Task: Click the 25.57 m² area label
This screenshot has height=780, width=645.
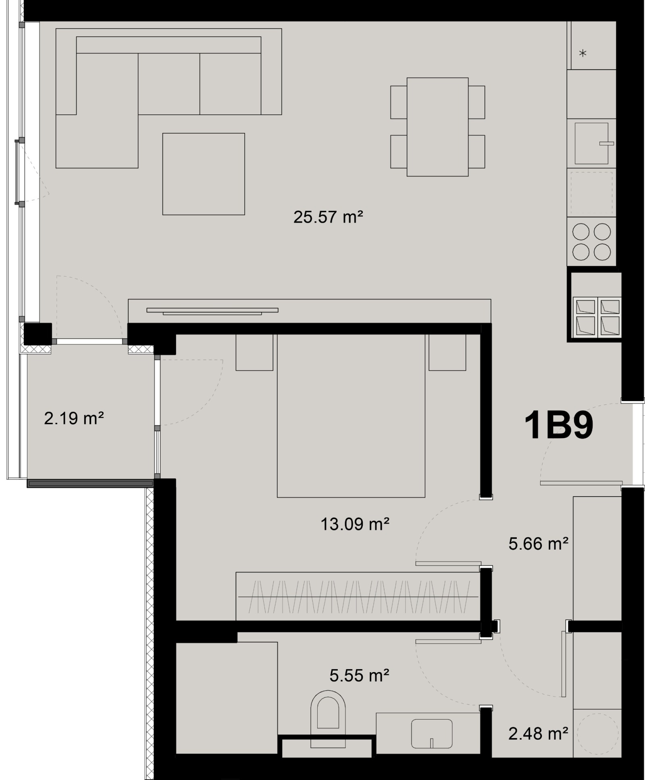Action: coord(328,217)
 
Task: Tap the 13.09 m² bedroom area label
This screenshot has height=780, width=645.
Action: coord(355,524)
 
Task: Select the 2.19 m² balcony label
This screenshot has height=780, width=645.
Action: coord(74,418)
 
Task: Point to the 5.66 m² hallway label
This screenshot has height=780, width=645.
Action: coord(538,544)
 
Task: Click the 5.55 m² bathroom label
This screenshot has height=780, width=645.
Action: coord(359,675)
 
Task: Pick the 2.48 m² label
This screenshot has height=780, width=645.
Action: coord(538,733)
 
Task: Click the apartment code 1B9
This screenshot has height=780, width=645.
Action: coord(559,426)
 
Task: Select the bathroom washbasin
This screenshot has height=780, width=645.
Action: coord(431,734)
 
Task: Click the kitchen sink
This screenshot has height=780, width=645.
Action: coord(591,143)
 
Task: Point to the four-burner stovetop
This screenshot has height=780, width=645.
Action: coord(591,242)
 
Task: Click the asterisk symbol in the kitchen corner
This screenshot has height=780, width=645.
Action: coord(583,53)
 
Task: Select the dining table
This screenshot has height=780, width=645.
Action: coord(437,127)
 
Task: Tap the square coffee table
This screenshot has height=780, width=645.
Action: coord(204,174)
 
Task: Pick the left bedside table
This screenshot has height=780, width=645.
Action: coord(254,352)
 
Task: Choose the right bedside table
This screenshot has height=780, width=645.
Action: coord(447,352)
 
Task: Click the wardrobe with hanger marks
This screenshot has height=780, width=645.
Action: coord(358,596)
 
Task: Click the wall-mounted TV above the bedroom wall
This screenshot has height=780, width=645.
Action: coord(212,311)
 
